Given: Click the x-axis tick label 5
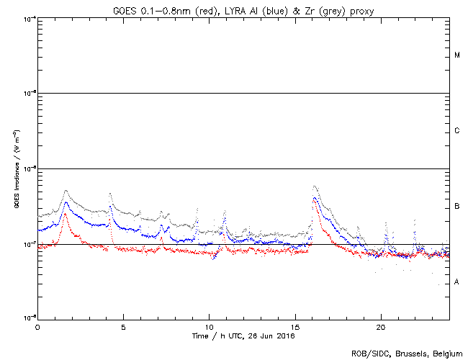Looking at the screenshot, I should (123, 326).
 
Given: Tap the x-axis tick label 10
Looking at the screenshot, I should (209, 326).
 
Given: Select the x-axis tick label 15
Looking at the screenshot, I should (295, 326).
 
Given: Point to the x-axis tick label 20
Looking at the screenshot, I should (381, 326).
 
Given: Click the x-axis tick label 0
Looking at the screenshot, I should (37, 326).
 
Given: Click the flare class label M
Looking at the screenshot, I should (457, 55).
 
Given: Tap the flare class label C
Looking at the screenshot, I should (457, 131).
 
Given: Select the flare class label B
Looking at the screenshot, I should (457, 207).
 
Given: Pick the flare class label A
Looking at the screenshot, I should (457, 282).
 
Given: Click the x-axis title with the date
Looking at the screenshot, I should (243, 336).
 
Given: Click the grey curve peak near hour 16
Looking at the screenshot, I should (315, 186).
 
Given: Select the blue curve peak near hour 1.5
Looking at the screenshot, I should (66, 202).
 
